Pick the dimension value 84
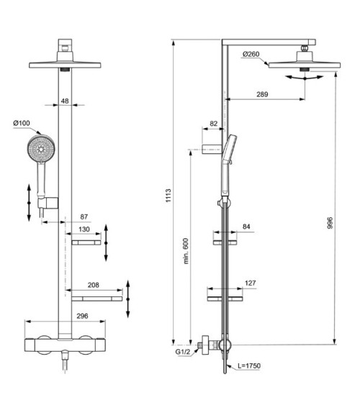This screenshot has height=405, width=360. [246, 227]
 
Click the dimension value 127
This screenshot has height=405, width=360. [249, 283]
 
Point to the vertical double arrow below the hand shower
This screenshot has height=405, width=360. [30, 202]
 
